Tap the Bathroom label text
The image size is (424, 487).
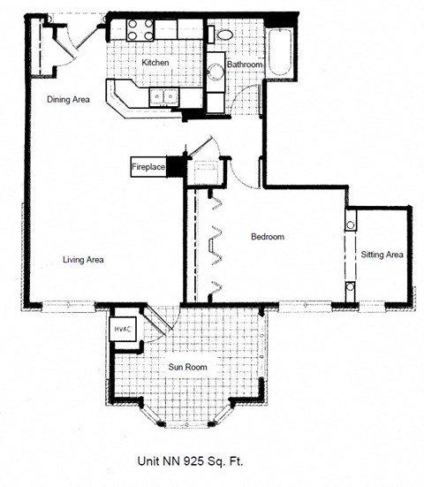(244, 65)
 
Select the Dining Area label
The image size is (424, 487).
(68, 100)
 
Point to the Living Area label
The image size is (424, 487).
(84, 259)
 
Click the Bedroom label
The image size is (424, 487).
(267, 237)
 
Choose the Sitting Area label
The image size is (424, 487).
(382, 255)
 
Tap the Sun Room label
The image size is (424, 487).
(186, 365)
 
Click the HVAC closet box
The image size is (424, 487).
(122, 330)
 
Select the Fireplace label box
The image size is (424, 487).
(148, 165)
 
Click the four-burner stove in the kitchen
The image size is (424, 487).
(138, 29)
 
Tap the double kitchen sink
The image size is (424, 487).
(163, 95)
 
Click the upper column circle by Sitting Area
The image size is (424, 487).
(351, 225)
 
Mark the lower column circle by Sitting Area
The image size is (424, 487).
(351, 286)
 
